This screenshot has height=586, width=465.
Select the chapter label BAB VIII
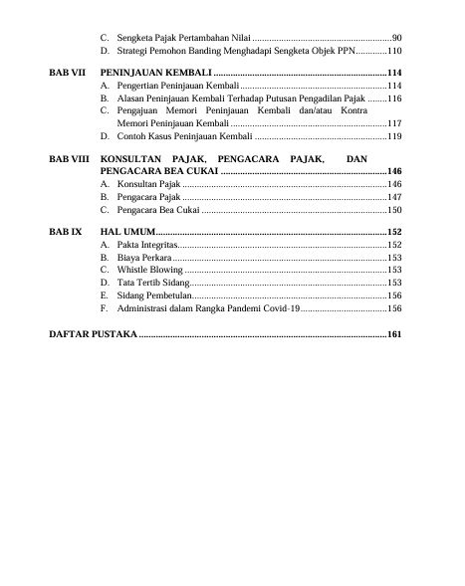click(68, 159)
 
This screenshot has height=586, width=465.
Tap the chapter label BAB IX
click(65, 231)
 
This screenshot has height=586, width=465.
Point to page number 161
click(393, 334)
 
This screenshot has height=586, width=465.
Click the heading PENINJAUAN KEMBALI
click(155, 75)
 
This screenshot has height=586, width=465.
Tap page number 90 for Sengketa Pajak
click(396, 37)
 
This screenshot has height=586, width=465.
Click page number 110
click(393, 50)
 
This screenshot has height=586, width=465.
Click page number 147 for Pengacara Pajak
click(393, 198)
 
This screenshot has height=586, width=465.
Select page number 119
click(393, 136)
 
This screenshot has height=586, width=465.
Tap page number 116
click(393, 100)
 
